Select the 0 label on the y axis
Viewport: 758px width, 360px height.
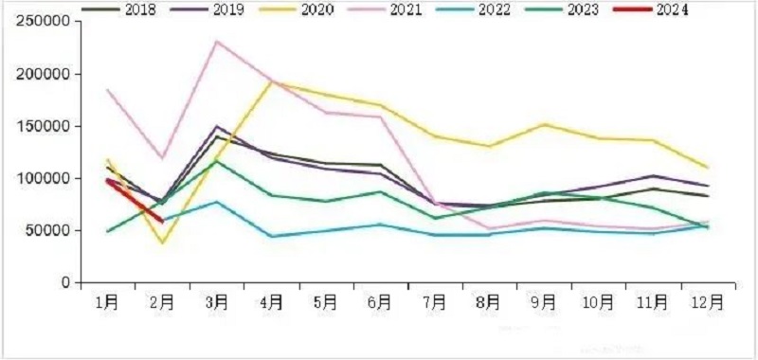pyautogui.click(x=65, y=282)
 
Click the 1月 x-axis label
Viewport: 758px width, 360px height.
pyautogui.click(x=107, y=303)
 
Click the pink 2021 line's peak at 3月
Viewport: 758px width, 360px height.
pyautogui.click(x=217, y=42)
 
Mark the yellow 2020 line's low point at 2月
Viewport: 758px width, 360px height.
pyautogui.click(x=162, y=243)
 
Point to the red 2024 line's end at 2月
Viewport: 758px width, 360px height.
pyautogui.click(x=162, y=221)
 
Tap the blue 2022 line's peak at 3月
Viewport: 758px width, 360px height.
pyautogui.click(x=217, y=202)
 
